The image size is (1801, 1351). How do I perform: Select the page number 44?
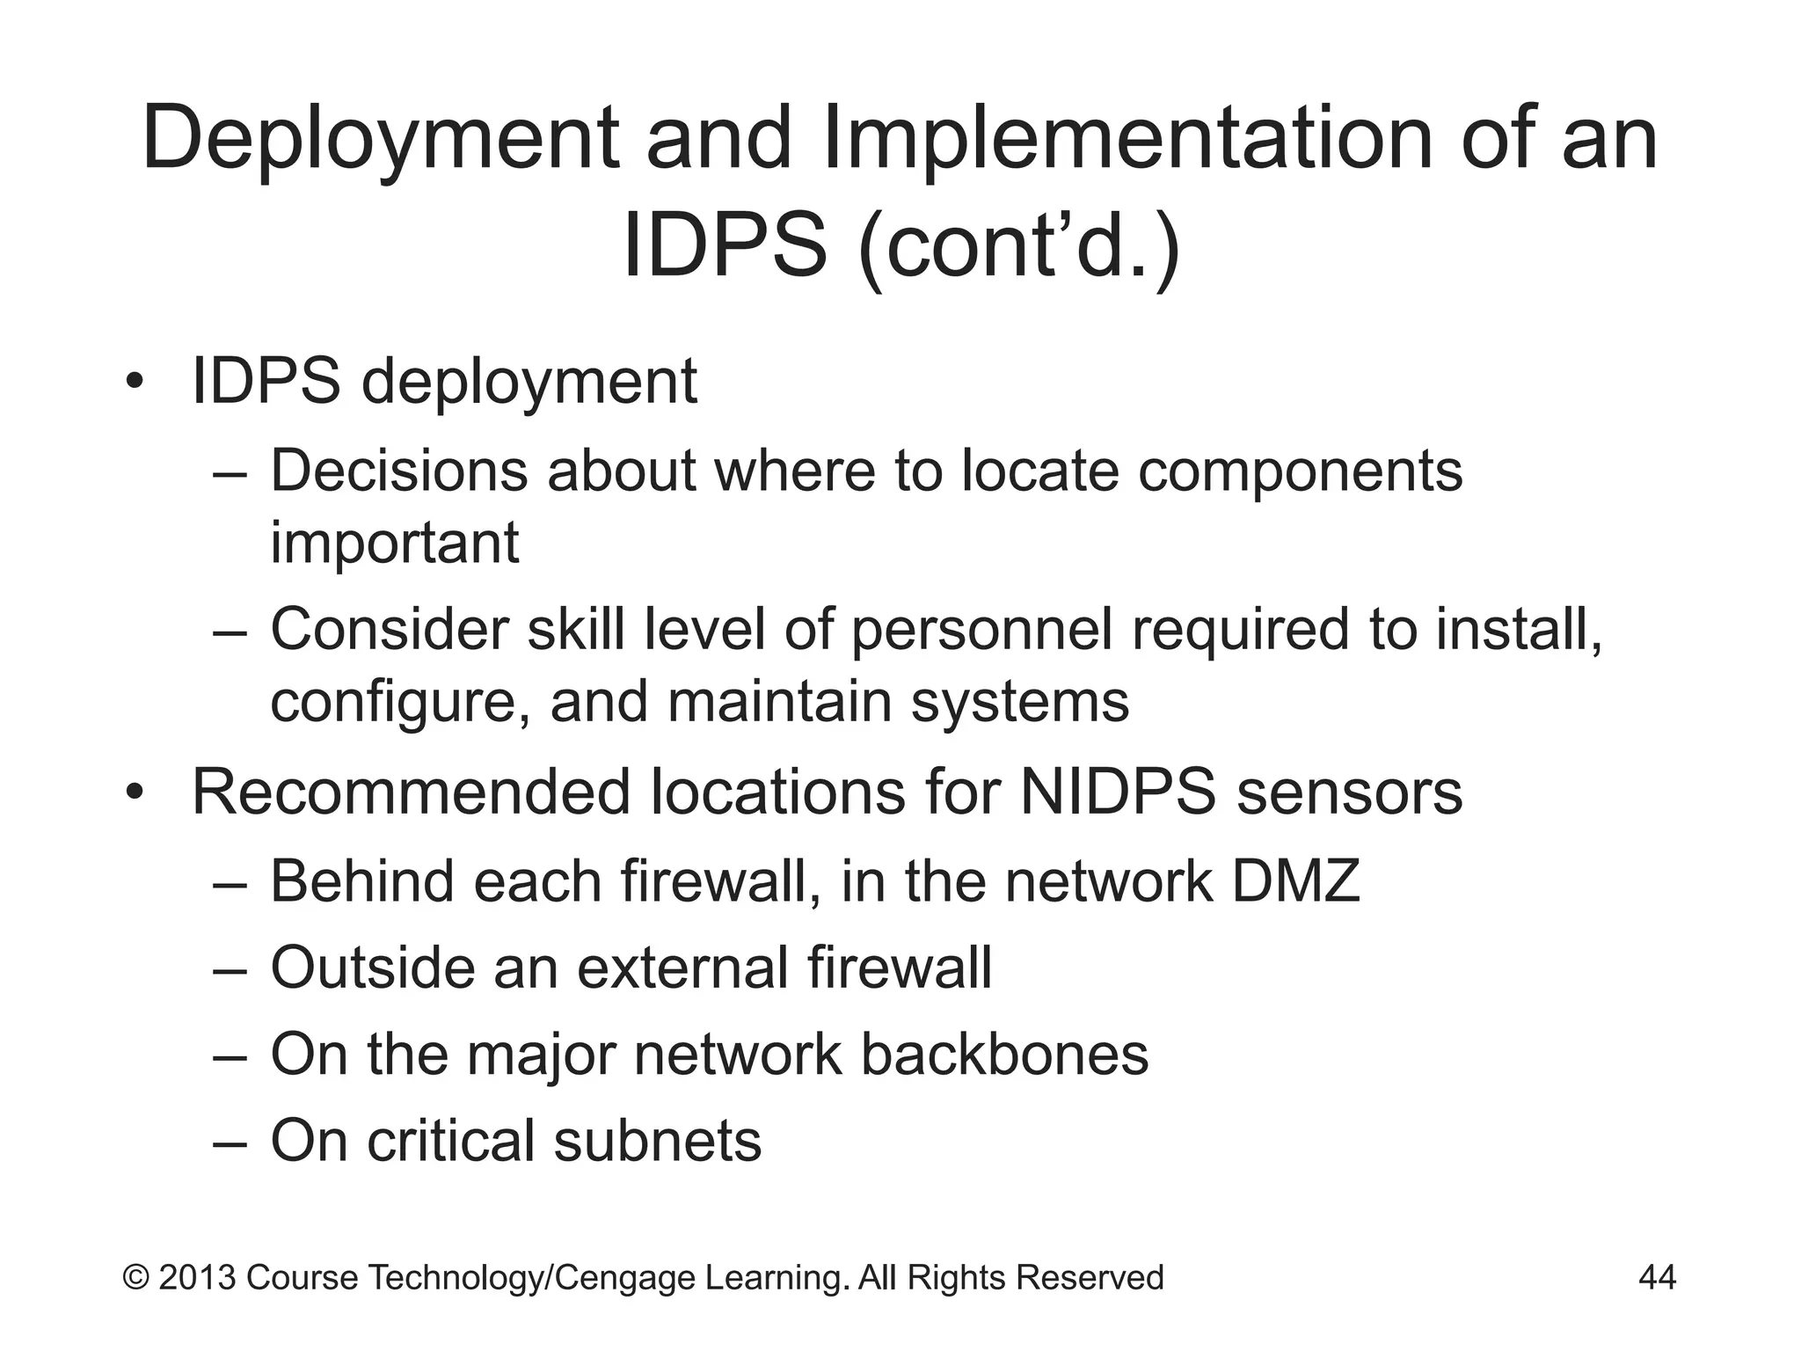pos(1657,1277)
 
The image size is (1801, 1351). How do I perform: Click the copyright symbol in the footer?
pos(135,1277)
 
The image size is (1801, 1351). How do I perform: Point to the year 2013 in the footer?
pos(197,1277)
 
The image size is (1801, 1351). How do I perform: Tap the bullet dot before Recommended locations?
pos(134,792)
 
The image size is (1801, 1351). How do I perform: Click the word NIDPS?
pos(1118,792)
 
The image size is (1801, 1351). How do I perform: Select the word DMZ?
pos(1295,880)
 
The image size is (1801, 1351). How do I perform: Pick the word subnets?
pos(658,1141)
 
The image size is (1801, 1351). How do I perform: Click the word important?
pos(394,544)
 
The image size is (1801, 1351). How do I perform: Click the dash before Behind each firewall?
pos(231,882)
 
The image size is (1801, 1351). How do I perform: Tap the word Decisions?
pos(397,471)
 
